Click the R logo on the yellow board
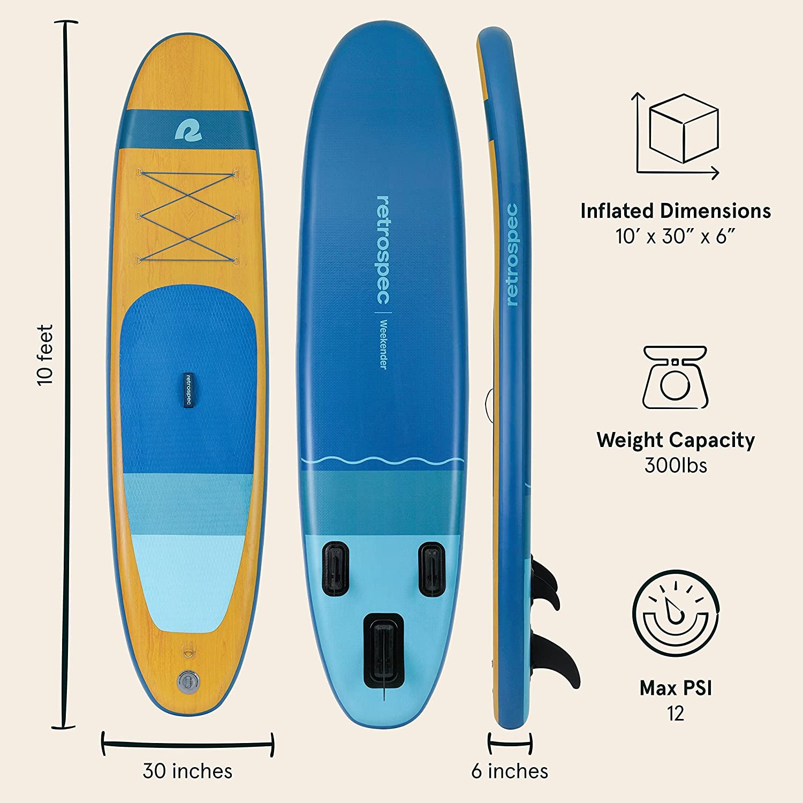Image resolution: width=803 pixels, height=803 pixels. click(188, 130)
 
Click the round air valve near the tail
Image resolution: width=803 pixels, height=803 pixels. click(188, 681)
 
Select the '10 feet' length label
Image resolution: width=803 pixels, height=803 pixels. click(46, 355)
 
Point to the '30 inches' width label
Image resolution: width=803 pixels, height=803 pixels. click(188, 771)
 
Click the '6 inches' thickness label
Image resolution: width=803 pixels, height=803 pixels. click(510, 771)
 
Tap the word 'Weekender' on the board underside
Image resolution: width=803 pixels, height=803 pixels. click(383, 344)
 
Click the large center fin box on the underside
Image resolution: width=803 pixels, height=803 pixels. click(384, 652)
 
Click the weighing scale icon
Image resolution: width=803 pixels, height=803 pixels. click(675, 377)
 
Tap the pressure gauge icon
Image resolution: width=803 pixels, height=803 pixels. click(676, 613)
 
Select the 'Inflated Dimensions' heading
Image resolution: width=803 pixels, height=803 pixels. click(676, 211)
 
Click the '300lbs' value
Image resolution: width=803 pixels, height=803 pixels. click(676, 465)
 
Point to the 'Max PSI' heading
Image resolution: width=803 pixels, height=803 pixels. click(676, 688)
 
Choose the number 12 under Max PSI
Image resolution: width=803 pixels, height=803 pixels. click(676, 714)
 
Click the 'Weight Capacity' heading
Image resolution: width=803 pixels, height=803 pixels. click(676, 441)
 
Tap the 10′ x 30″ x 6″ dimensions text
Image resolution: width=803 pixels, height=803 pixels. click(676, 236)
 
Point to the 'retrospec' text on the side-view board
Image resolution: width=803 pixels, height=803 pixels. click(512, 255)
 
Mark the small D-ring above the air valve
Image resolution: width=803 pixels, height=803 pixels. click(188, 650)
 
